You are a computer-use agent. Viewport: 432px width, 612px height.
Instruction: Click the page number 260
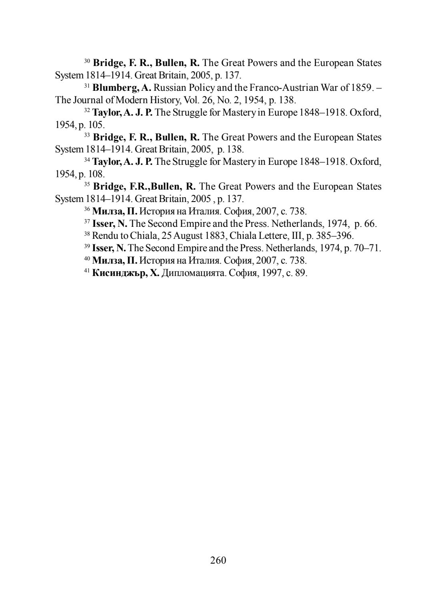click(218, 560)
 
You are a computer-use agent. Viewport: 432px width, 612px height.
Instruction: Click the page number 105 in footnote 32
click(96, 125)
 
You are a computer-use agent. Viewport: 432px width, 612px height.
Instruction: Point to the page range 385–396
click(334, 236)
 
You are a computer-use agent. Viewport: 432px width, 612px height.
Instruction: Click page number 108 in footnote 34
click(96, 174)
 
